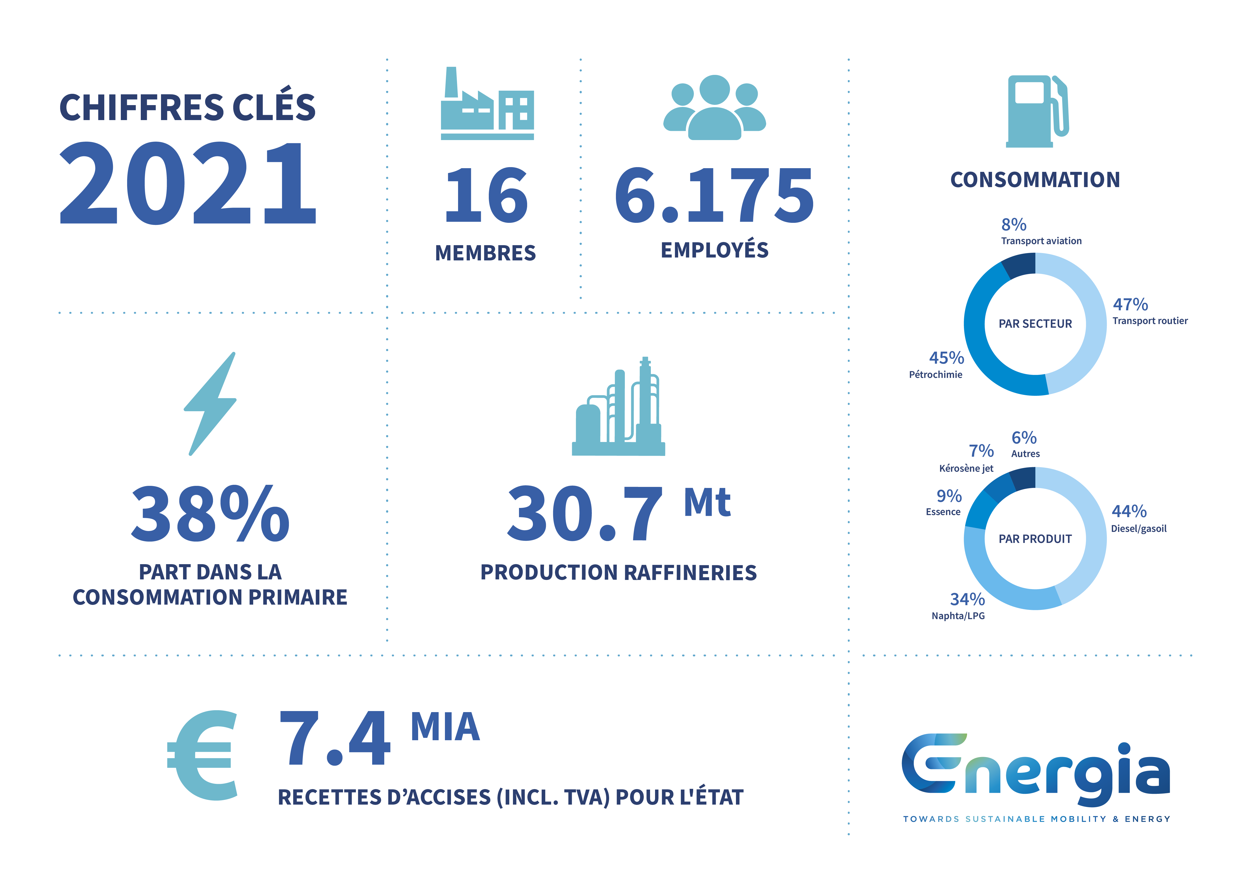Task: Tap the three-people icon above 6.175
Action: [x=714, y=107]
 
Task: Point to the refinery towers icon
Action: [x=619, y=406]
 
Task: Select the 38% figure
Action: [x=210, y=514]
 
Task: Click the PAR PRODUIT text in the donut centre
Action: [x=1035, y=539]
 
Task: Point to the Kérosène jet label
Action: [x=966, y=468]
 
